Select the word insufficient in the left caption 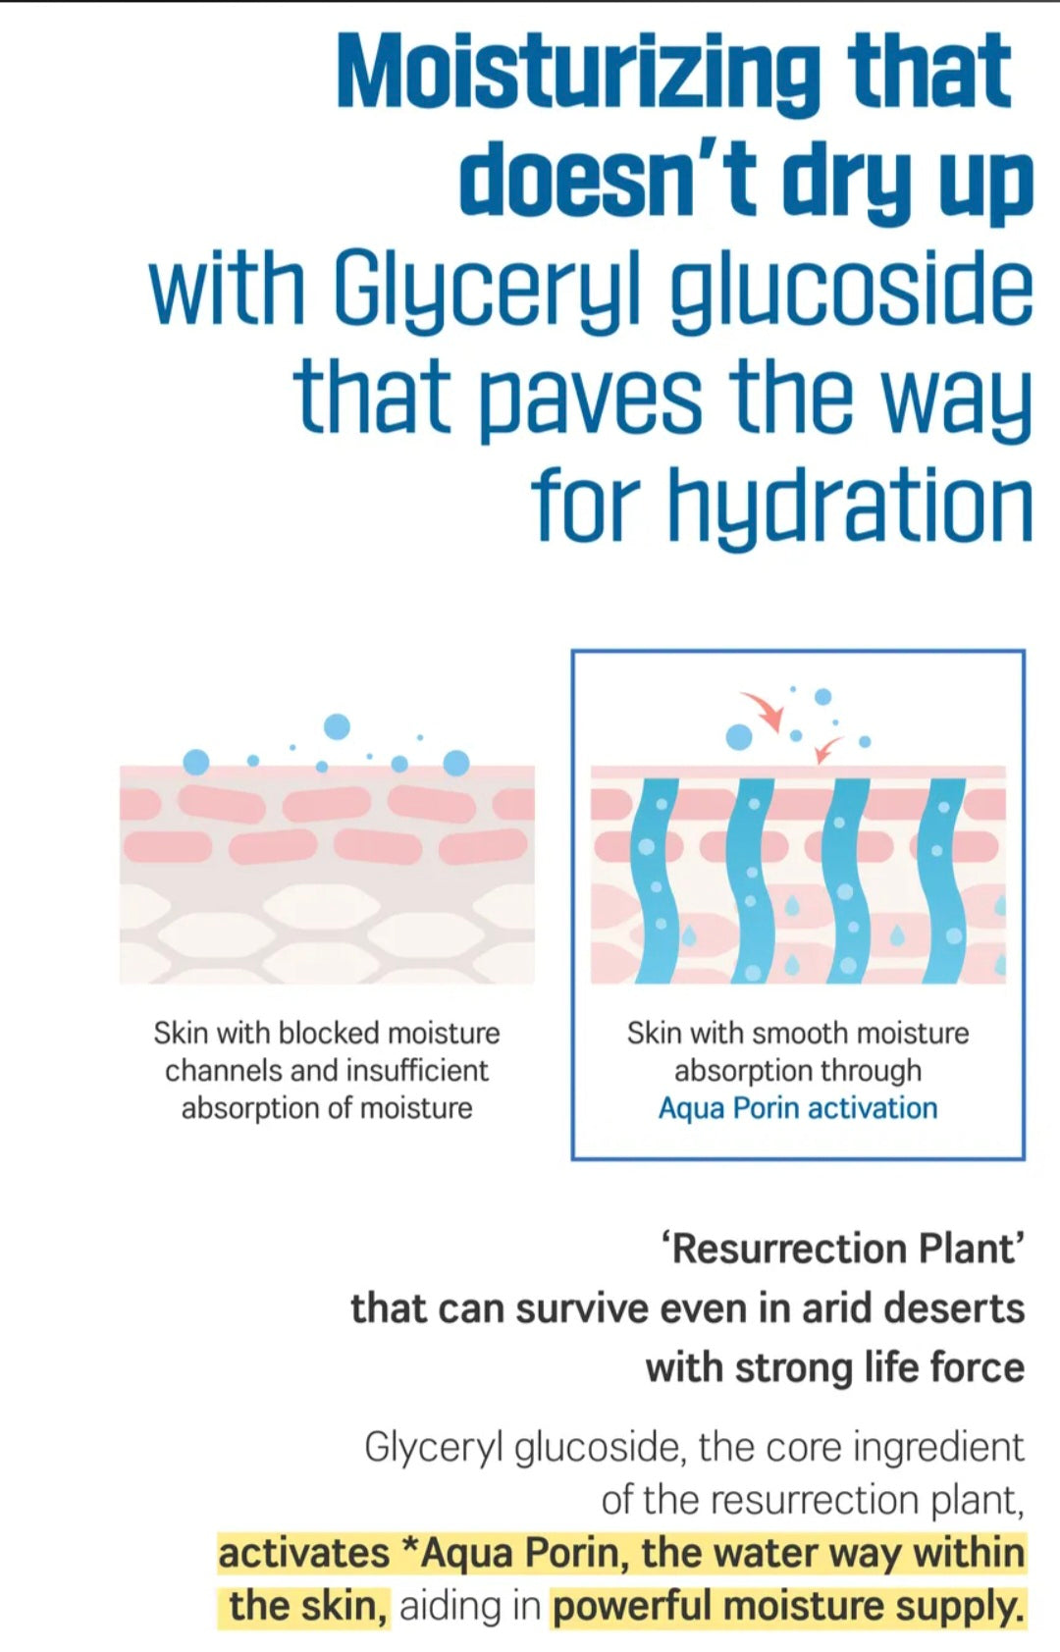click(417, 1070)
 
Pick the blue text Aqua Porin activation click(797, 1108)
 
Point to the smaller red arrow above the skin click(827, 749)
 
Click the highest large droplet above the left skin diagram click(337, 726)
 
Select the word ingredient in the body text click(939, 1448)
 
